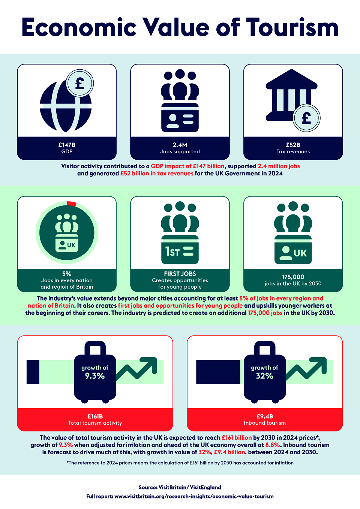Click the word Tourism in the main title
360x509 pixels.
(292, 27)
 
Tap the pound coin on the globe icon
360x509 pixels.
(80, 83)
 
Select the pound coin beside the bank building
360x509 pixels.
(306, 118)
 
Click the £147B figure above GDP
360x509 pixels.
(67, 145)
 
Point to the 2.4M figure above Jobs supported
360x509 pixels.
(180, 145)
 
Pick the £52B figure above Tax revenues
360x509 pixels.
(293, 145)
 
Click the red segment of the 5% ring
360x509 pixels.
(72, 204)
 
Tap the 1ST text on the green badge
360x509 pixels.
(172, 252)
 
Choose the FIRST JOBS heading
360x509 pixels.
(180, 274)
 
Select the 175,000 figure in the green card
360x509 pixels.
(293, 277)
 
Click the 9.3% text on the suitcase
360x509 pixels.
(95, 376)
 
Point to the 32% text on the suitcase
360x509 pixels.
(264, 376)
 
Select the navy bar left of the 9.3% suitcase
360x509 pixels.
(33, 372)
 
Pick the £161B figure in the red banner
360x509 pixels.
(95, 416)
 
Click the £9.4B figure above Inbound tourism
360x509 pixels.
(264, 416)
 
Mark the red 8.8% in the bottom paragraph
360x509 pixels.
(273, 445)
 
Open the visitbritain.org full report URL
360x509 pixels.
(194, 497)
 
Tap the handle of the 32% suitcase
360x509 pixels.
(265, 347)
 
